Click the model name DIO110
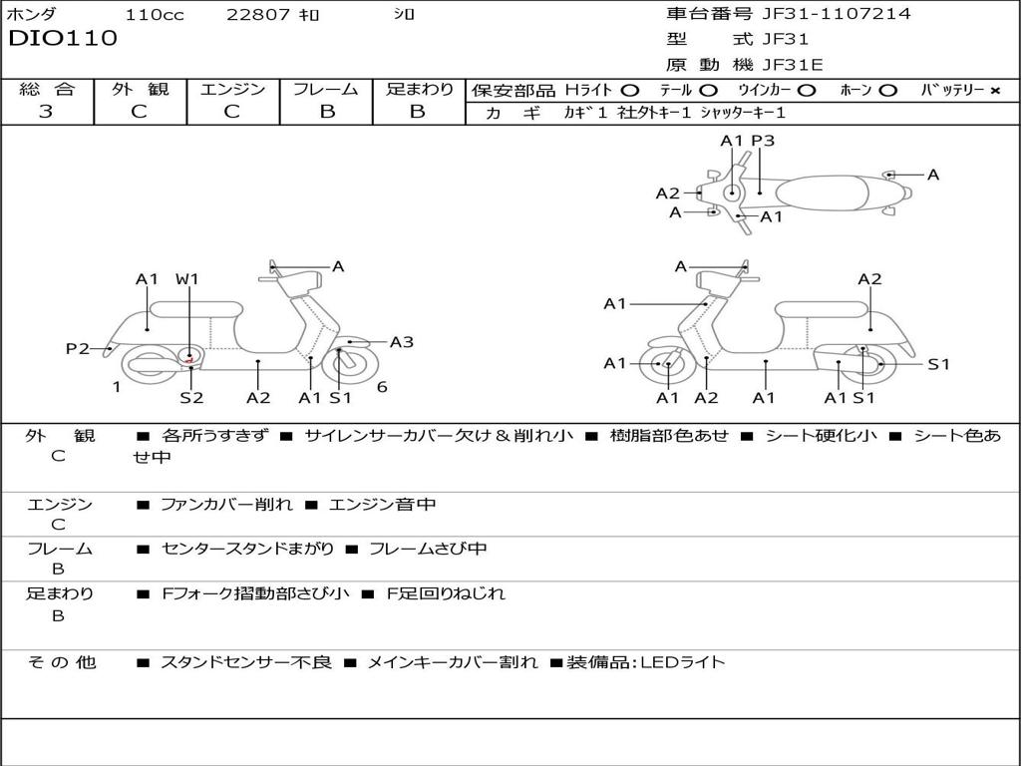pos(63,39)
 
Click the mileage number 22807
pos(258,15)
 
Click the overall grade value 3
pos(46,112)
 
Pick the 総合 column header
pos(47,89)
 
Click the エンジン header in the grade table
pos(233,89)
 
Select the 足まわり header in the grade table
pos(420,89)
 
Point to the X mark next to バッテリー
pos(995,90)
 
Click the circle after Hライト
pos(629,90)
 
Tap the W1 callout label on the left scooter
pos(187,279)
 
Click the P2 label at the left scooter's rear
pos(78,348)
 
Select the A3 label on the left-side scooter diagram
pos(402,342)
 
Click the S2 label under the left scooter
pos(191,398)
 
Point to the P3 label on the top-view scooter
pos(763,142)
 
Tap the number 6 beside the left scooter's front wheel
pos(382,387)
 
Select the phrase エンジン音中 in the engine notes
pos(382,505)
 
